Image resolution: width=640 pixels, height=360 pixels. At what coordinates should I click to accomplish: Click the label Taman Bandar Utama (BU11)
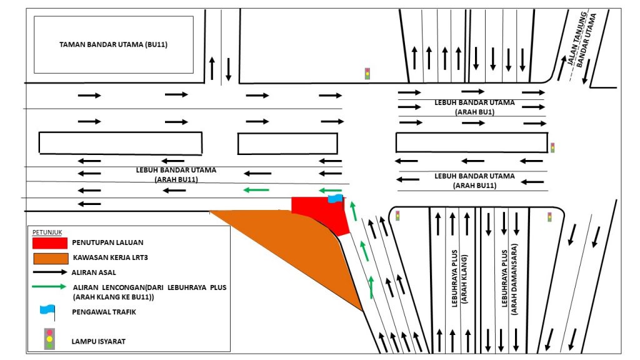[x=113, y=45]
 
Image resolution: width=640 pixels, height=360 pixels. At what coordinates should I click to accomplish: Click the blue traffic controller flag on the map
[x=335, y=199]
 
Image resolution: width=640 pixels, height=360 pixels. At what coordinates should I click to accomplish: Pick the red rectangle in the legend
[x=50, y=242]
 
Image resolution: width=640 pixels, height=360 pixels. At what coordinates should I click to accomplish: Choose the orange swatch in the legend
[x=50, y=257]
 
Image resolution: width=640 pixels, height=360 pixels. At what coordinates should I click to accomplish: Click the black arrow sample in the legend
[x=50, y=272]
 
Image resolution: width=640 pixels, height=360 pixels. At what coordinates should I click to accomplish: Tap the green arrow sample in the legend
[x=50, y=287]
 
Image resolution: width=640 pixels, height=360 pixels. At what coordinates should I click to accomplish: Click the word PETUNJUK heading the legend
[x=44, y=231]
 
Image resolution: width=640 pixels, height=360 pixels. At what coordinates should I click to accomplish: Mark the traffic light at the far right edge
[x=552, y=148]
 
